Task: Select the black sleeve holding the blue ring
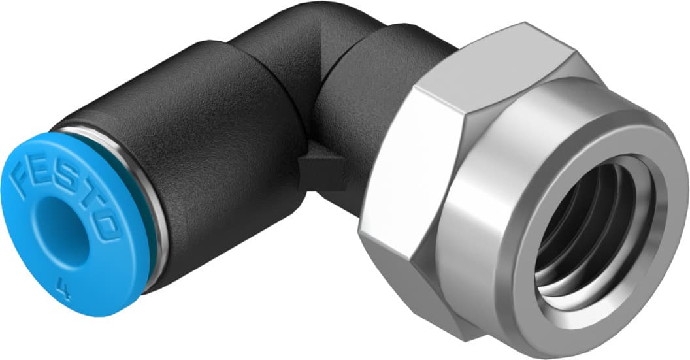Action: [x=216, y=163]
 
